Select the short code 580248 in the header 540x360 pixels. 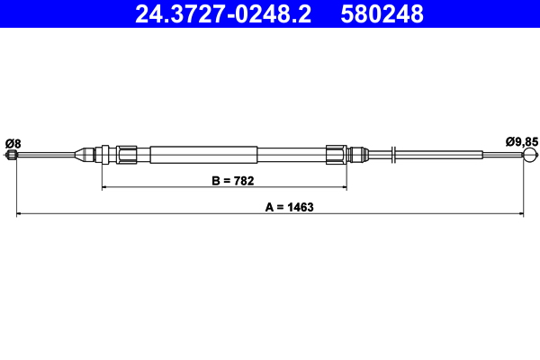(x=382, y=13)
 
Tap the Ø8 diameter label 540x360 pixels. (x=13, y=142)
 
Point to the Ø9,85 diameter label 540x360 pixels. (x=521, y=141)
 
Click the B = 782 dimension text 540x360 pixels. (x=232, y=181)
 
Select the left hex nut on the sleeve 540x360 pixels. (x=127, y=154)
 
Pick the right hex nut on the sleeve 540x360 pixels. (x=336, y=154)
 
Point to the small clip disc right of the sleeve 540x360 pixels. (x=395, y=155)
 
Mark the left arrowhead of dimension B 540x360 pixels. (x=105, y=188)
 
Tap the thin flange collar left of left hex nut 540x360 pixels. (x=107, y=154)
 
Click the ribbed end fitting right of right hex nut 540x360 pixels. (x=358, y=154)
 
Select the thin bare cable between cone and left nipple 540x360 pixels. (x=45, y=155)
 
